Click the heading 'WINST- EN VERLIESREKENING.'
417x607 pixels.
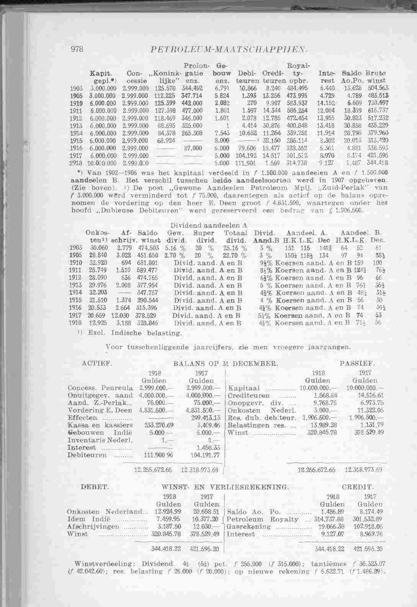point(225,487)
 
